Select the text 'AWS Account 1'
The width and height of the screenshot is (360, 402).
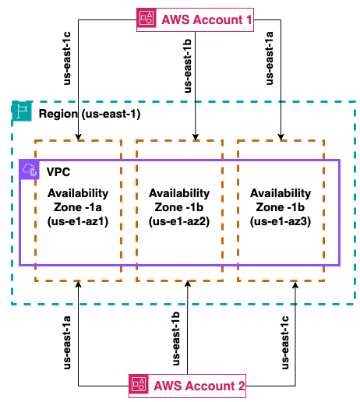(206, 19)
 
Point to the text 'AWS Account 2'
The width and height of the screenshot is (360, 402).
(199, 386)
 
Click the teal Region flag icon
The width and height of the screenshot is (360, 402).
(22, 111)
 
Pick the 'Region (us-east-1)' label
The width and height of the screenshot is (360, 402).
(90, 114)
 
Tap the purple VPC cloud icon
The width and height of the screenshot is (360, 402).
(30, 170)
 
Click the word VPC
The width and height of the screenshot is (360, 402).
(58, 172)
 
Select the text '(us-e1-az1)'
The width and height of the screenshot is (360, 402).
(78, 221)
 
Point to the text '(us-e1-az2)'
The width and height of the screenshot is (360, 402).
(179, 221)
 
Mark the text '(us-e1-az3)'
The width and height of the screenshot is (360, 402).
(281, 221)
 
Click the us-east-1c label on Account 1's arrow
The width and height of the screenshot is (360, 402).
(67, 58)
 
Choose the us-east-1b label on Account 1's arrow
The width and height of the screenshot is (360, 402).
(187, 66)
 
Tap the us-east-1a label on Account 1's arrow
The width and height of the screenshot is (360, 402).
(270, 58)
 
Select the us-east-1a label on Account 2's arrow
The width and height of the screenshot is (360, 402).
(67, 342)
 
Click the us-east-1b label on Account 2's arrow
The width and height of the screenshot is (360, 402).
(176, 339)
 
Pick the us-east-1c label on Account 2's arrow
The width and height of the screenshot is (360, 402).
(285, 342)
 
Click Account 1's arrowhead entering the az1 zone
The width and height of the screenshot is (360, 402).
(78, 137)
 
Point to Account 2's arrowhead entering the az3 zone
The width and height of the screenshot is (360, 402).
(295, 285)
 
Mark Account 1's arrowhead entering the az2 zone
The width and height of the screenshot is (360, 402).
(196, 137)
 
